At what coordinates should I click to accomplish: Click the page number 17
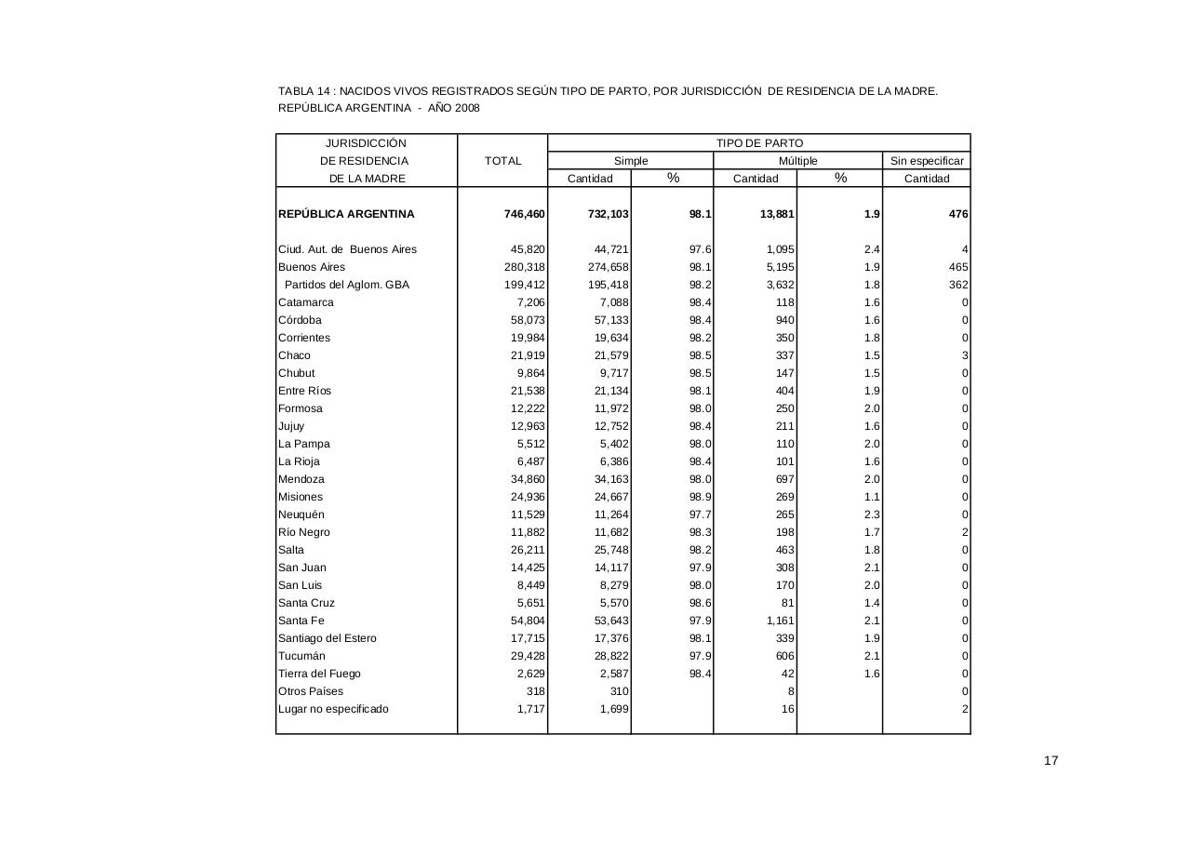pyautogui.click(x=1050, y=761)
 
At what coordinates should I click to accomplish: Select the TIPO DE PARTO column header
pyautogui.click(x=759, y=143)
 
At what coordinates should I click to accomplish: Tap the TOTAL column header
pyautogui.click(x=502, y=161)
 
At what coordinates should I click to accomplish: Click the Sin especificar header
pyautogui.click(x=927, y=161)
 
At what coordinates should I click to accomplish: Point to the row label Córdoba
pyautogui.click(x=300, y=320)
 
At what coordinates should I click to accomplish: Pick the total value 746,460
pyautogui.click(x=525, y=214)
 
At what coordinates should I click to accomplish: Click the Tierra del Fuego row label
pyautogui.click(x=319, y=674)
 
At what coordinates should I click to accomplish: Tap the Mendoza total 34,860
pyautogui.click(x=525, y=479)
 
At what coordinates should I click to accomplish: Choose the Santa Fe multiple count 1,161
pyautogui.click(x=780, y=621)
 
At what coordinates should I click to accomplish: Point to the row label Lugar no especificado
pyautogui.click(x=333, y=709)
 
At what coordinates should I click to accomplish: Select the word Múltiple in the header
pyautogui.click(x=797, y=161)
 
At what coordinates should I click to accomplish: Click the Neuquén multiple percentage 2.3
pyautogui.click(x=871, y=515)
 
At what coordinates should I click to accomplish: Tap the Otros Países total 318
pyautogui.click(x=534, y=691)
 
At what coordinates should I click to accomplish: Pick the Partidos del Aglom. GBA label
pyautogui.click(x=346, y=285)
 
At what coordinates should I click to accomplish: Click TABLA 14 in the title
pyautogui.click(x=305, y=91)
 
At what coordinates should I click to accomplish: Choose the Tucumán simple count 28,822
pyautogui.click(x=609, y=656)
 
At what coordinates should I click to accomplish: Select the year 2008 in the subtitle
pyautogui.click(x=467, y=108)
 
